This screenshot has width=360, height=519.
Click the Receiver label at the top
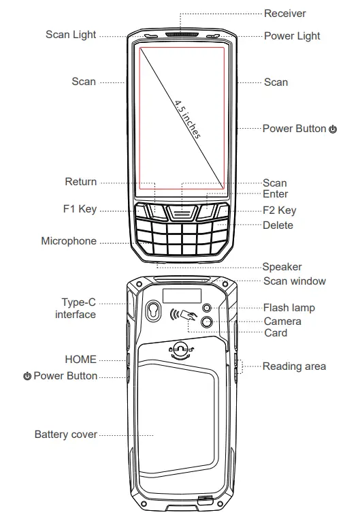coord(284,14)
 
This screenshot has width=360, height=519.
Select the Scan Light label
coord(71,35)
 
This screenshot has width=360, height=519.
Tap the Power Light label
coord(291,36)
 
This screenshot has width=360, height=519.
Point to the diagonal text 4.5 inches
coord(187,119)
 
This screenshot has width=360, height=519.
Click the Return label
coord(80,182)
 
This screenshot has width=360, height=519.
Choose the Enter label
coord(275,194)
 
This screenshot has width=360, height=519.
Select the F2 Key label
coord(279,210)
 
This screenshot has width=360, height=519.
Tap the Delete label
coord(278,225)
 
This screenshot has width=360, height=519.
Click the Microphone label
coord(69,241)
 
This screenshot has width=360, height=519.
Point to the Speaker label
coord(282,267)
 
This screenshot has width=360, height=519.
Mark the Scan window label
coord(294,281)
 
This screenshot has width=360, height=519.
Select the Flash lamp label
coord(289,308)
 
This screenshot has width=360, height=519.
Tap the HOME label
coord(80,359)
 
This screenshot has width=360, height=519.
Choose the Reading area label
coord(294,366)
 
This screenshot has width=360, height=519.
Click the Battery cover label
coord(65,434)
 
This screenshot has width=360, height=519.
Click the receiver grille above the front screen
coord(182,33)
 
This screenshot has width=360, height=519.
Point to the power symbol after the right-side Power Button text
coord(332,129)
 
